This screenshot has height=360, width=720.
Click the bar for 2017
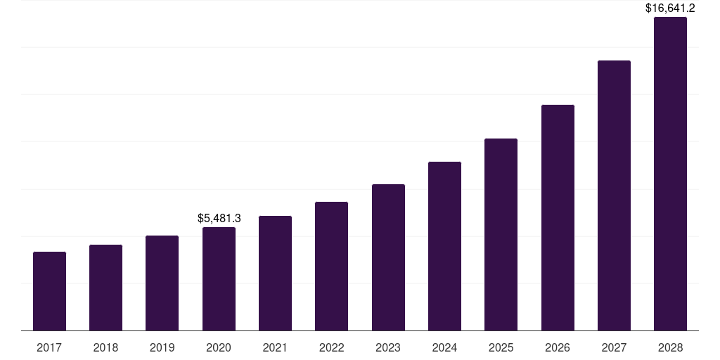[49, 291]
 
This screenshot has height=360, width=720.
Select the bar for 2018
[105, 288]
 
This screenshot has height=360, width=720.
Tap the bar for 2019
[162, 283]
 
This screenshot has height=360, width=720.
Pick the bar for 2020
[219, 278]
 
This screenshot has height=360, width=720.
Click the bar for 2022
[331, 266]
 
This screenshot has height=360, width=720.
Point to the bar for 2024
[444, 246]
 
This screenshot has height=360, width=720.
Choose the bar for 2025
[501, 234]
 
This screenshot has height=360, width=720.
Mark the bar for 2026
[558, 217]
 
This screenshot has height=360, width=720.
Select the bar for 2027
[614, 195]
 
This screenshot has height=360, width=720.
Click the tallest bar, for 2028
[670, 174]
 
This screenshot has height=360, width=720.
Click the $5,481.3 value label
[219, 219]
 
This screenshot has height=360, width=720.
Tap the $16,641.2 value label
[670, 8]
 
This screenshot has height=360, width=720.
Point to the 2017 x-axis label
[49, 347]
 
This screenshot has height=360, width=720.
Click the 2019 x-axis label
[162, 347]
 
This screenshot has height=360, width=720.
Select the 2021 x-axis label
[275, 347]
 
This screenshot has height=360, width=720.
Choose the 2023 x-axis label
[388, 347]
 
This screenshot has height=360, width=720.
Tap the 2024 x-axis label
[444, 347]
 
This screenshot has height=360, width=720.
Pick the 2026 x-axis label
[558, 347]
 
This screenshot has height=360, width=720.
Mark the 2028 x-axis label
[670, 347]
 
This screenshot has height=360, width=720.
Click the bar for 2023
[388, 257]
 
